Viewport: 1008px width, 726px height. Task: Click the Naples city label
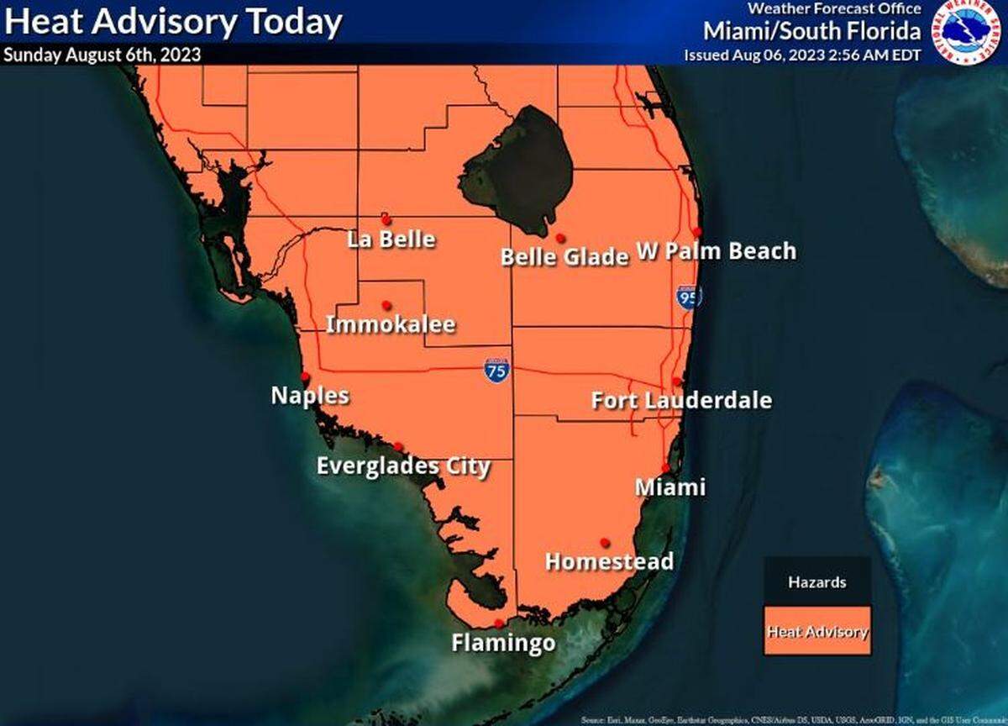(310, 395)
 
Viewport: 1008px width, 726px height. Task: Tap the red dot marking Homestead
(604, 542)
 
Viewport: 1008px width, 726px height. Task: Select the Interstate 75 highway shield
(496, 370)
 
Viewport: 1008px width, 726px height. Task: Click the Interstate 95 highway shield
(688, 297)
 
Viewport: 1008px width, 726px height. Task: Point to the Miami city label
(669, 487)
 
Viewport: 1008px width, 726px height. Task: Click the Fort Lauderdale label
(681, 400)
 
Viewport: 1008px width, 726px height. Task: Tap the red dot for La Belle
(386, 219)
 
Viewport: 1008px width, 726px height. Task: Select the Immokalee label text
(391, 324)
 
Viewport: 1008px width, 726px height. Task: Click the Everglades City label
(403, 466)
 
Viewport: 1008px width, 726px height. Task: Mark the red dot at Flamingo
(499, 623)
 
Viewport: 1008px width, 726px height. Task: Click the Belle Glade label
(564, 256)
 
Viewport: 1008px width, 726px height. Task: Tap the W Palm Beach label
(716, 250)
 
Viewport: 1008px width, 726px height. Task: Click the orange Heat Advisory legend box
(816, 631)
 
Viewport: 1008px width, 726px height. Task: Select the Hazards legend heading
(816, 581)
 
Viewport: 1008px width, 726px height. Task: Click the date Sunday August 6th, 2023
(102, 55)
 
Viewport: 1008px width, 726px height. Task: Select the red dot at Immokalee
(386, 305)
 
